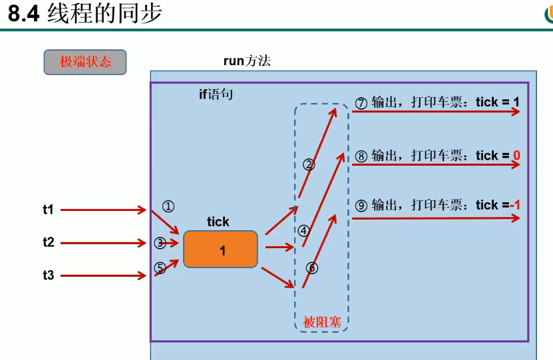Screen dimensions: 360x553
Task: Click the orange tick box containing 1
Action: click(x=220, y=250)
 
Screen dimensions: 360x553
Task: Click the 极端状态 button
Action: click(x=85, y=63)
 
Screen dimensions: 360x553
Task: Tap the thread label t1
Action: click(x=48, y=210)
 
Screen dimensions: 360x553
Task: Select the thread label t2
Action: click(x=48, y=242)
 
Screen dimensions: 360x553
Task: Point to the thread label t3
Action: click(x=48, y=274)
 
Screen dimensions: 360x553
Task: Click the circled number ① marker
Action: click(x=168, y=206)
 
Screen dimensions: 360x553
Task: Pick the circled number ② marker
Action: click(x=309, y=164)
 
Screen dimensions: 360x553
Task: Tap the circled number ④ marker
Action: click(x=304, y=231)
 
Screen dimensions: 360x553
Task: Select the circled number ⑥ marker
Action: click(x=312, y=268)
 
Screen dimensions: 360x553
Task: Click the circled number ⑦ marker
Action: click(x=361, y=103)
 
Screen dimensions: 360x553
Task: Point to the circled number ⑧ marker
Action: click(x=361, y=156)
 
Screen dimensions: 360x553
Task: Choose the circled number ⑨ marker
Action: click(x=361, y=206)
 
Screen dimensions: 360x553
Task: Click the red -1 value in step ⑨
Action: click(x=514, y=206)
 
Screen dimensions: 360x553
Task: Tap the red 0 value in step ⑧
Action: click(x=516, y=156)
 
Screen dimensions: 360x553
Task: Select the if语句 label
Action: click(x=216, y=94)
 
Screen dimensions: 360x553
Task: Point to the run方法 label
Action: click(x=247, y=61)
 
